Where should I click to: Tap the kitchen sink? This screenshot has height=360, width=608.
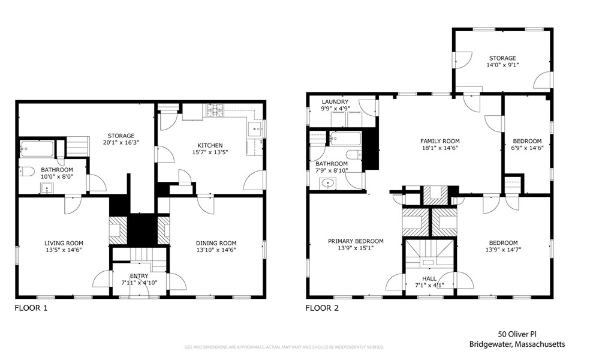click(x=255, y=129)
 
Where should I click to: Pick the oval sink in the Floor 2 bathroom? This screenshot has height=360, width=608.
click(x=328, y=183)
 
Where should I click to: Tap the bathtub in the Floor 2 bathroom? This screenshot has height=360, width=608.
click(x=345, y=139)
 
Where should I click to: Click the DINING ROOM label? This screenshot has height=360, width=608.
click(x=216, y=243)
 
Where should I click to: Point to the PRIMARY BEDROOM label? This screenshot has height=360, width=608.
click(x=356, y=241)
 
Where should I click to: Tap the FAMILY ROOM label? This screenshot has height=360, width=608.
click(x=440, y=141)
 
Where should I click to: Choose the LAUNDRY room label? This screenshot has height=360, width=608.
click(x=335, y=102)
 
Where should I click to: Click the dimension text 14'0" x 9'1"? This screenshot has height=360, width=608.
click(x=501, y=65)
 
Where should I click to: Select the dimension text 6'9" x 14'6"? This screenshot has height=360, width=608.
click(x=527, y=148)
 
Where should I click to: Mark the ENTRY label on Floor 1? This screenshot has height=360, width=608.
click(x=139, y=276)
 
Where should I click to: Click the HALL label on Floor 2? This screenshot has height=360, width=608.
click(x=429, y=278)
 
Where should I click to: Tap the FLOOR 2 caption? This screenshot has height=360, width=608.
click(x=322, y=308)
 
